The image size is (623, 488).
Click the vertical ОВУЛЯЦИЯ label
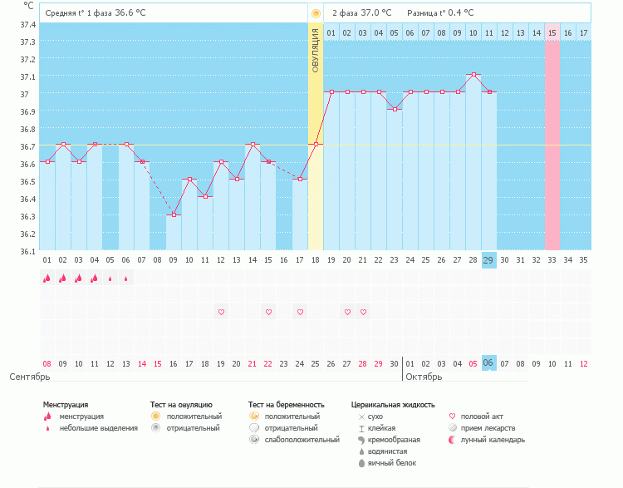(316, 50)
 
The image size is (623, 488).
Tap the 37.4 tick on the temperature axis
(27, 24)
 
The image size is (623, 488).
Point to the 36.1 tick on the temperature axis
(27, 251)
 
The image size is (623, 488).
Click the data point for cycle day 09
(174, 215)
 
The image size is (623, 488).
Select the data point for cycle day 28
(473, 75)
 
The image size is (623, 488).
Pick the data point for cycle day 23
(395, 109)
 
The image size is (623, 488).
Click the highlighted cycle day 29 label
(489, 260)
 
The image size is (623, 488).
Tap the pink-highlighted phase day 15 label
(552, 32)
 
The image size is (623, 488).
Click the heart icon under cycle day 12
(221, 312)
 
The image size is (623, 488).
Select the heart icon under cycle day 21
(363, 312)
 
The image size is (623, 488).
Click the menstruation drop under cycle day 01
(47, 279)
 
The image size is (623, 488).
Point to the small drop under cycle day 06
(126, 279)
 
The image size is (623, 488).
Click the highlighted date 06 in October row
(489, 363)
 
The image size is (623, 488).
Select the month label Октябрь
(424, 377)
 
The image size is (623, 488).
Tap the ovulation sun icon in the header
(316, 13)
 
